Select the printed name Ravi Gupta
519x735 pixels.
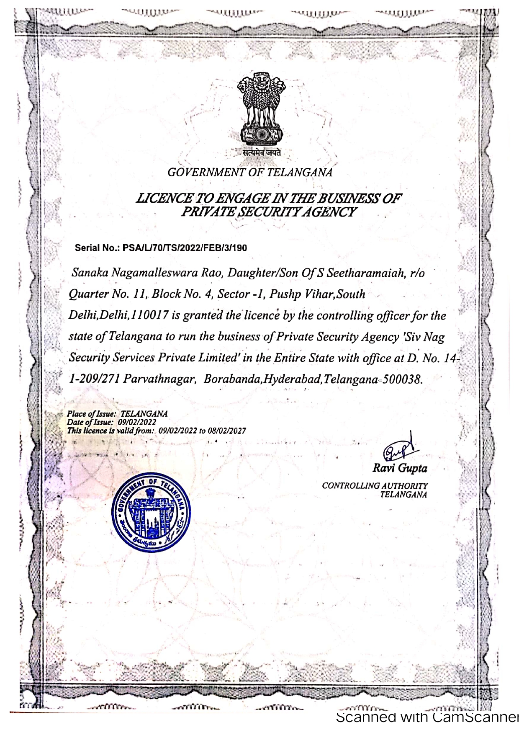pos(400,468)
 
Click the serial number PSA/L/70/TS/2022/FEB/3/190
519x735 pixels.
pos(185,248)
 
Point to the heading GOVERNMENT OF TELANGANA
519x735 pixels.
pos(250,172)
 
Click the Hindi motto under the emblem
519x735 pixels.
pos(262,153)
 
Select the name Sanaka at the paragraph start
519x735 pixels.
pos(87,273)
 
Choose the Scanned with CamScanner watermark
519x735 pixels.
pos(427,717)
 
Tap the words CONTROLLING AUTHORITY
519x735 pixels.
pos(375,486)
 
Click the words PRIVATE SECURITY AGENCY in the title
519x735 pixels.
pos(268,212)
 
